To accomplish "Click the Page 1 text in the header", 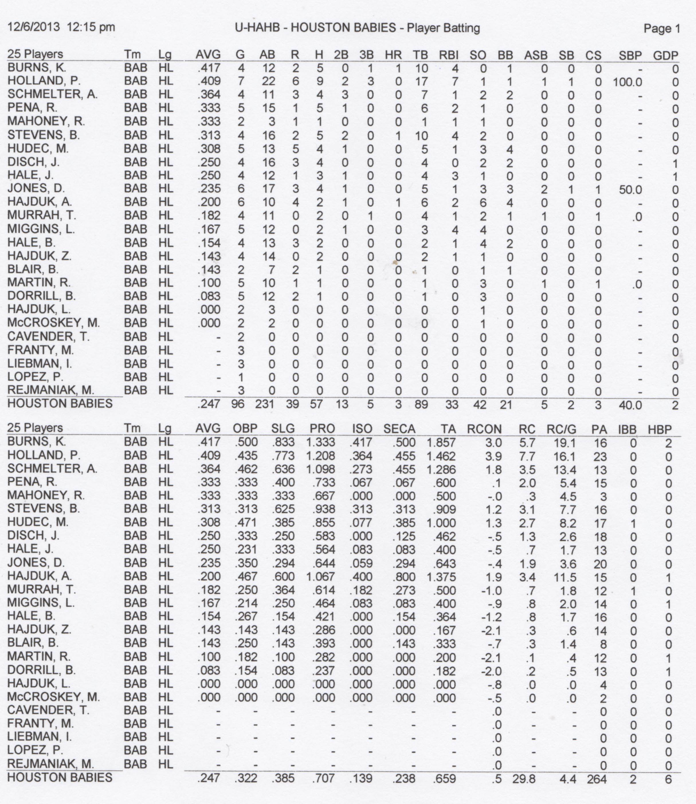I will [662, 28].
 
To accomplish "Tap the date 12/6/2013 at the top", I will [34, 27].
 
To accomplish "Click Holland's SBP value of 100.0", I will [627, 82].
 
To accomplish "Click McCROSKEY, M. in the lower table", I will [54, 697].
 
